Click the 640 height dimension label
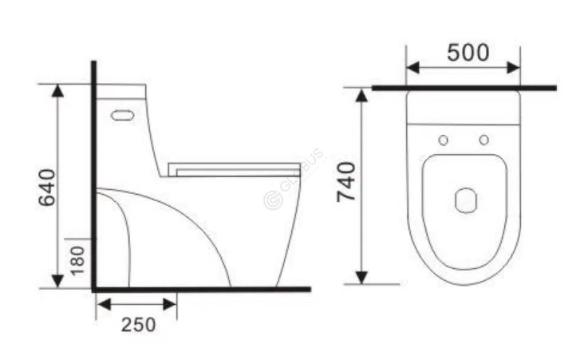pyautogui.click(x=48, y=188)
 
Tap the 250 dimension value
pyautogui.click(x=138, y=325)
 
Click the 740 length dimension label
pyautogui.click(x=346, y=182)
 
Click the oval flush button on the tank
pyautogui.click(x=121, y=115)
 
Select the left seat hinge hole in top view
pyautogui.click(x=444, y=140)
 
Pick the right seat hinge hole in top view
pyautogui.click(x=483, y=140)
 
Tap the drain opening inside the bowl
pyautogui.click(x=465, y=200)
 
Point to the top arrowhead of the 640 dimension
pyautogui.click(x=57, y=89)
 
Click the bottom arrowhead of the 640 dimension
pyautogui.click(x=57, y=280)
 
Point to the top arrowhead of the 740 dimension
pyautogui.click(x=361, y=95)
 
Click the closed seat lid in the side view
pyautogui.click(x=235, y=168)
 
